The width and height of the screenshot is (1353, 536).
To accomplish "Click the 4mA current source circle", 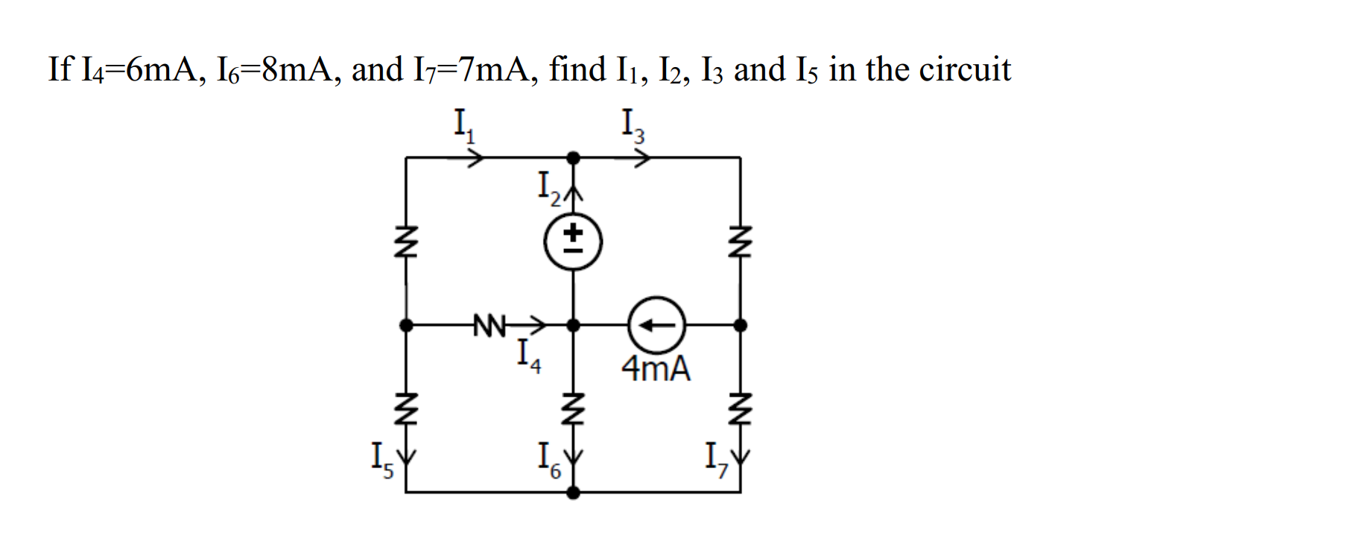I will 656,325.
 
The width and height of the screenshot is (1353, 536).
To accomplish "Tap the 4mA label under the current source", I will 656,368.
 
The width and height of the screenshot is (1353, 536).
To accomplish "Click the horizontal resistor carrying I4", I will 489,326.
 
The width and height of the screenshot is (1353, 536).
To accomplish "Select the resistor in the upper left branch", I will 405,243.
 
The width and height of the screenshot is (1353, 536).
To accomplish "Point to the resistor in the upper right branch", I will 740,243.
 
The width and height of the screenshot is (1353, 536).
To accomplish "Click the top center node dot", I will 572,157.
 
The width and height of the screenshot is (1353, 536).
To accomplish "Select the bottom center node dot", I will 572,492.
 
